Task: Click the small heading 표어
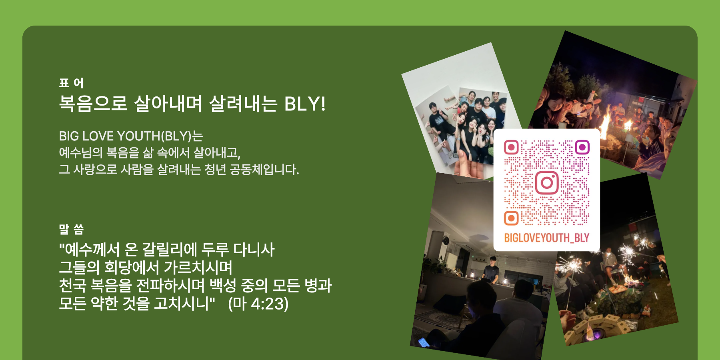click(71, 83)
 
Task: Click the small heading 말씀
click(71, 229)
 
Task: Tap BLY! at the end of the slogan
click(305, 104)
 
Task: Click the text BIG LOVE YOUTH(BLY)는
click(131, 136)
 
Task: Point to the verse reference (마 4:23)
click(258, 304)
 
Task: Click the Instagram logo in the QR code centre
click(547, 183)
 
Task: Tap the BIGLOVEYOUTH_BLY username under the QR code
click(546, 238)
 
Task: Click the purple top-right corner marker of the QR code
click(582, 147)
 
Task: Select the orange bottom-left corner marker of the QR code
click(511, 218)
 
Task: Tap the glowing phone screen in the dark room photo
click(423, 342)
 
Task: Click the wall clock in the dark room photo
click(446, 240)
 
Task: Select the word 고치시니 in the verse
click(182, 304)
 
